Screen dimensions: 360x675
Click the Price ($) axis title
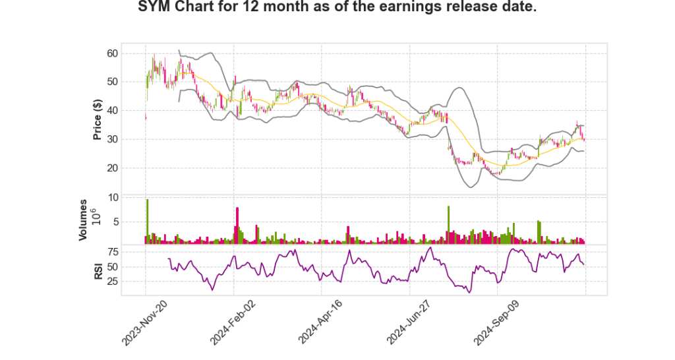(x=98, y=119)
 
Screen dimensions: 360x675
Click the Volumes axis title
(x=84, y=220)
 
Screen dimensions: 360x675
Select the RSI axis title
(x=98, y=270)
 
